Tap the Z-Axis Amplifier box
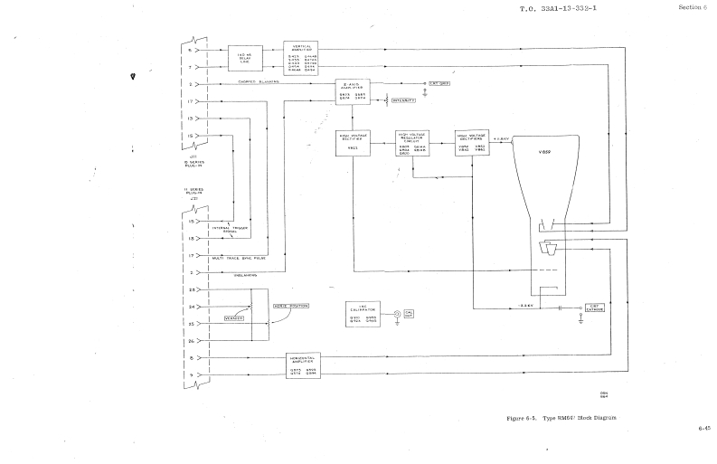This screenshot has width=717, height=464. point(354,92)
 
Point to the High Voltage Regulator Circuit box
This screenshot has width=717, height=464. point(415,144)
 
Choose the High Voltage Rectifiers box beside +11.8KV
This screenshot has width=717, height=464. point(473,144)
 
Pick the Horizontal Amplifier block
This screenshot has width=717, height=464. point(305,365)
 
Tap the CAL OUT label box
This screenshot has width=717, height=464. point(409,312)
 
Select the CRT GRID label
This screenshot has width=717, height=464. point(439,83)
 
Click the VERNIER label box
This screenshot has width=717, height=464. point(237,319)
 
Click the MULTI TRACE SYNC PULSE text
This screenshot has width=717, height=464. point(243,258)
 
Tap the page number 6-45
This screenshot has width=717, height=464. point(703,426)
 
